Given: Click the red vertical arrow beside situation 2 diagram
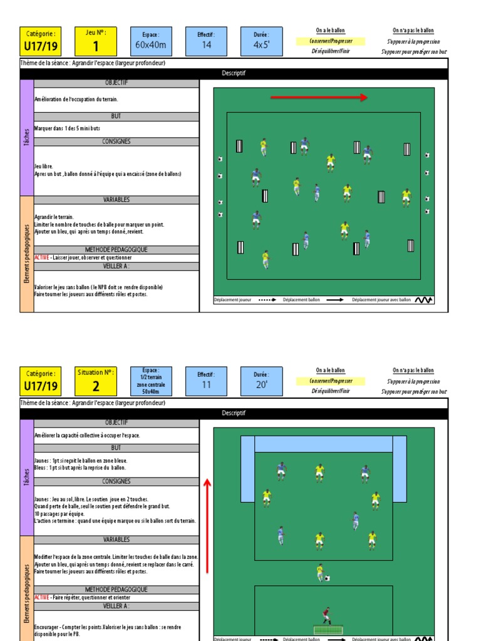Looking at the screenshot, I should tap(207, 525).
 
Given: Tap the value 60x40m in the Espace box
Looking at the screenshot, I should tap(151, 45).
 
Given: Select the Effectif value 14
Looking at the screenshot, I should tap(206, 45).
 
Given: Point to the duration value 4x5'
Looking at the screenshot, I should tap(261, 45).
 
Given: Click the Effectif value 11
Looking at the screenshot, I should tap(206, 385).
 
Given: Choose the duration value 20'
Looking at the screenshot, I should tap(261, 384).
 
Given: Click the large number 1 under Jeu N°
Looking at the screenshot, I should tap(96, 46).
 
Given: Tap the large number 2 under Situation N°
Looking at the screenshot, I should tap(96, 386).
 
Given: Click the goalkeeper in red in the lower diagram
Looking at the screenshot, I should tap(326, 616).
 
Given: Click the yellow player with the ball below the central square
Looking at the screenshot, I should tap(321, 572).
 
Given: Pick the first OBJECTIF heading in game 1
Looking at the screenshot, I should tap(116, 83).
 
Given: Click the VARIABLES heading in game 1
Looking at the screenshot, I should tap(116, 200).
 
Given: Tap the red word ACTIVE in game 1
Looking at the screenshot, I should tap(43, 257).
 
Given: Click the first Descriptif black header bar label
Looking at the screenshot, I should tap(234, 73).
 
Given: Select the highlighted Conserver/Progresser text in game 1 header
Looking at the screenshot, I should tap(330, 41).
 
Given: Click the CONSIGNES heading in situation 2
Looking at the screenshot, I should tap(116, 481).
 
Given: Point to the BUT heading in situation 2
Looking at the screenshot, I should tap(116, 448).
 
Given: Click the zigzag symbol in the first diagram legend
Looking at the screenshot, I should tap(423, 300).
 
